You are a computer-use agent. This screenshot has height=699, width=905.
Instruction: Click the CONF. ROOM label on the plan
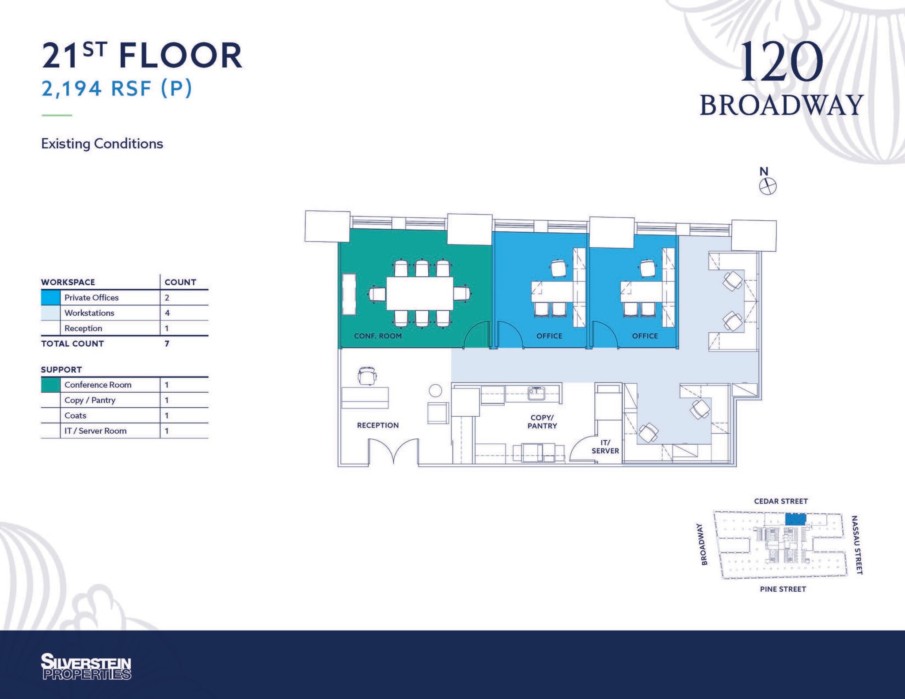click(378, 336)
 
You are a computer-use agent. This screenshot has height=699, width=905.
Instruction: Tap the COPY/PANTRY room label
click(542, 422)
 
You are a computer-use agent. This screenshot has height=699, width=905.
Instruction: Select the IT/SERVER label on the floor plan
click(605, 446)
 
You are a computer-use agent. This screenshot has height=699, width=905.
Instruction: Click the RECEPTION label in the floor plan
click(378, 425)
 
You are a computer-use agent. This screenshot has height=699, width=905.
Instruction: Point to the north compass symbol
click(768, 186)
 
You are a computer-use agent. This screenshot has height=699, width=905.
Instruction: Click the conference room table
click(419, 293)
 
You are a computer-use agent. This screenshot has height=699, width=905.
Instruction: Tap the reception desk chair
click(367, 376)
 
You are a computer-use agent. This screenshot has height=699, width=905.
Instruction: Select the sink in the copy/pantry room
click(536, 393)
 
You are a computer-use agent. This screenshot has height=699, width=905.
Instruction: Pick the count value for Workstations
click(167, 313)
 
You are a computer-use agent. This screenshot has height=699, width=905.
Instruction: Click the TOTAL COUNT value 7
click(167, 344)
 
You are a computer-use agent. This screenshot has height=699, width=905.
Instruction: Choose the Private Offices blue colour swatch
click(50, 298)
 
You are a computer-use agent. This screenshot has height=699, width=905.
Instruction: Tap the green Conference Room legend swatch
click(50, 385)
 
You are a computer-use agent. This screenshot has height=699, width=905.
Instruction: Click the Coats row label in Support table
click(76, 416)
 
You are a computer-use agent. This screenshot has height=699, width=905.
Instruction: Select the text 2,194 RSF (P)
click(117, 89)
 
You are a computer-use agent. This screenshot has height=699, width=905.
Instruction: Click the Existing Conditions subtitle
click(102, 144)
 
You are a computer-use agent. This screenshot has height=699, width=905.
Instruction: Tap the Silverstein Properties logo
click(86, 666)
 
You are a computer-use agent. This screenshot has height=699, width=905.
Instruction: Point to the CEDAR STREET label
click(781, 501)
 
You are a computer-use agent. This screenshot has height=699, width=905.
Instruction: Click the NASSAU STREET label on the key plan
click(857, 545)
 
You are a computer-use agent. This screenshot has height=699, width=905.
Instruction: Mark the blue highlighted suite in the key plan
click(795, 519)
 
